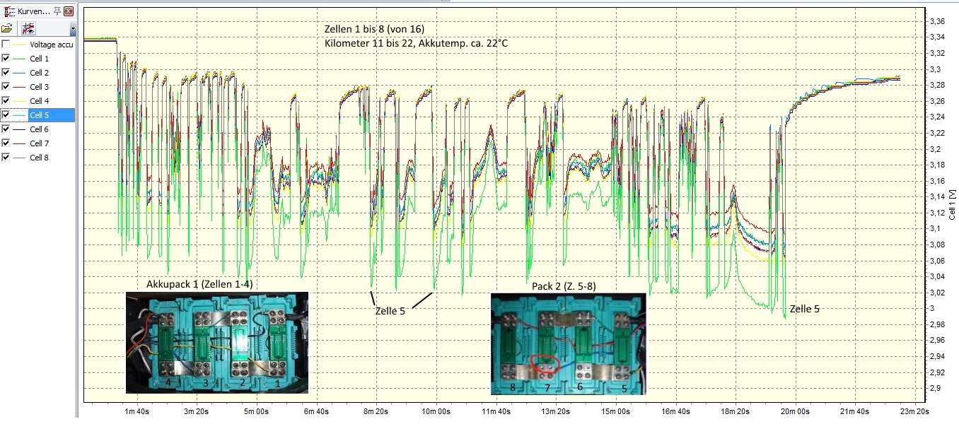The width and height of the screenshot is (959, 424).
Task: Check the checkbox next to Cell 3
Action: pyautogui.click(x=6, y=87)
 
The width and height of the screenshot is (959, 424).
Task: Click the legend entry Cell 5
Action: pyautogui.click(x=39, y=115)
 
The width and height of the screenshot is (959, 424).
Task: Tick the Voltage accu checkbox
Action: pyautogui.click(x=6, y=45)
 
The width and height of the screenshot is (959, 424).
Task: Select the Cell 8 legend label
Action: pyautogui.click(x=39, y=158)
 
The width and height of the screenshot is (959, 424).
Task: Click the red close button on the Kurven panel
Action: pyautogui.click(x=68, y=11)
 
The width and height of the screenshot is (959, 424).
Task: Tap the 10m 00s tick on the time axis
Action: pyautogui.click(x=436, y=411)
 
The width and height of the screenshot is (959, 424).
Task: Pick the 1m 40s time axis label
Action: pyautogui.click(x=136, y=411)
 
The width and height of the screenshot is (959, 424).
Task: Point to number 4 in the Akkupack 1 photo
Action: pyautogui.click(x=168, y=382)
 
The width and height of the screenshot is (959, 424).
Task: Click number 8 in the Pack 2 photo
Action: pyautogui.click(x=511, y=387)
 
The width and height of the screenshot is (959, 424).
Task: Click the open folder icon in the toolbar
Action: pyautogui.click(x=7, y=29)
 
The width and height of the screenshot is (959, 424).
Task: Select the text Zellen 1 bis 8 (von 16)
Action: pyautogui.click(x=374, y=29)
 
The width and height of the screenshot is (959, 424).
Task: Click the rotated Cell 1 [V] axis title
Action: pyautogui.click(x=953, y=205)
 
